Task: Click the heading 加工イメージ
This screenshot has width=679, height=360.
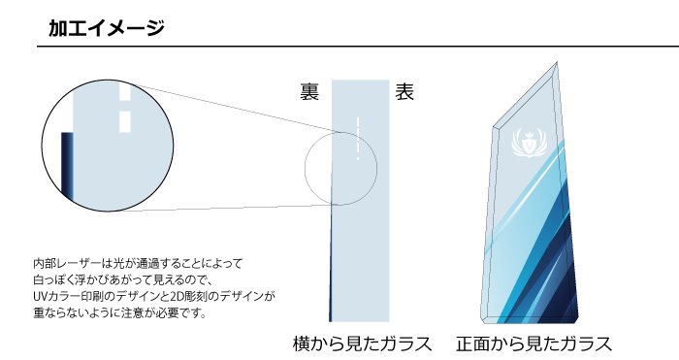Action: click(x=107, y=28)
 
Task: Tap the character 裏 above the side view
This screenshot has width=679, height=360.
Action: click(x=309, y=93)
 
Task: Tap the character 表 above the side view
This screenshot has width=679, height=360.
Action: click(x=405, y=93)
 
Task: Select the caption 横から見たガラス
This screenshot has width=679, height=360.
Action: click(x=361, y=344)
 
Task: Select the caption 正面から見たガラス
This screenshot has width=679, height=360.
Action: click(x=533, y=344)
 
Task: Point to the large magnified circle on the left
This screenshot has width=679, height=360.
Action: click(x=107, y=147)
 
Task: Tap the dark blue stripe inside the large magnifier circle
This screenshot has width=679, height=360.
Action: click(x=67, y=165)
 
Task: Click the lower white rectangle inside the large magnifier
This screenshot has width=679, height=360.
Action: click(x=124, y=122)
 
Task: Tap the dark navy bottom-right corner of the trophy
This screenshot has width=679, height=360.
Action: click(x=567, y=311)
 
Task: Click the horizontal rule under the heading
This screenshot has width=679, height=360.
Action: click(x=339, y=47)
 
